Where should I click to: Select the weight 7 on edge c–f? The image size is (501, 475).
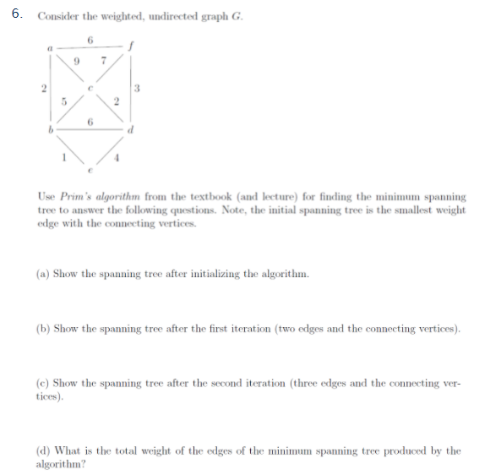102,61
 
